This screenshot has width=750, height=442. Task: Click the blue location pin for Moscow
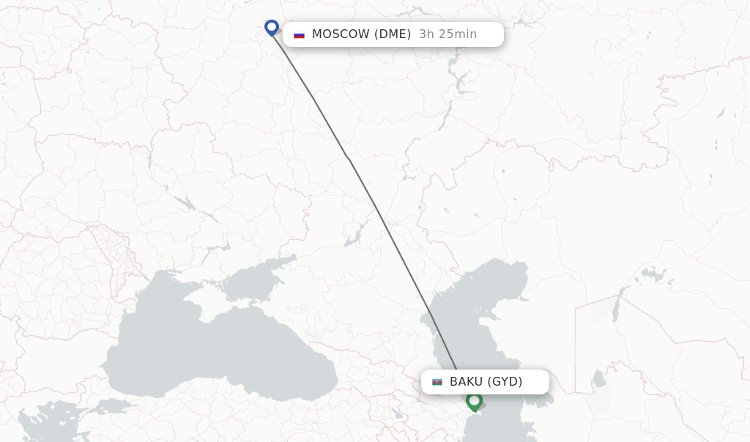click(272, 28)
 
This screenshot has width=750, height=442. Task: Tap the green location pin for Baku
click(474, 401)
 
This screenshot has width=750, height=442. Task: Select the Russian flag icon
click(299, 34)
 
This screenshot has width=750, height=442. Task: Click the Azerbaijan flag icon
click(437, 382)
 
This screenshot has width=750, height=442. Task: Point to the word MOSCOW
click(341, 34)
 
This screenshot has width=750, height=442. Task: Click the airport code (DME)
click(393, 34)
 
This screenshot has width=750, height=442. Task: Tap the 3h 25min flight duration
click(448, 34)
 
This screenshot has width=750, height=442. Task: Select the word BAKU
click(466, 382)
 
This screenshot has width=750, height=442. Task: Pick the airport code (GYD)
click(505, 382)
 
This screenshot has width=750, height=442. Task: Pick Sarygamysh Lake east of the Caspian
click(599, 381)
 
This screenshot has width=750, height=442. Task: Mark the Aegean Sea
click(29, 432)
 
